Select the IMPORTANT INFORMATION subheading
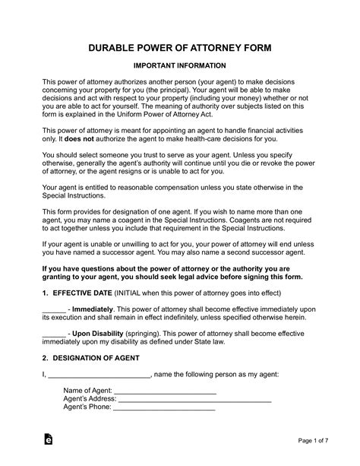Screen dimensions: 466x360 pos(179,65)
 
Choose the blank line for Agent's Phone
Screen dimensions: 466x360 pos(163,407)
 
